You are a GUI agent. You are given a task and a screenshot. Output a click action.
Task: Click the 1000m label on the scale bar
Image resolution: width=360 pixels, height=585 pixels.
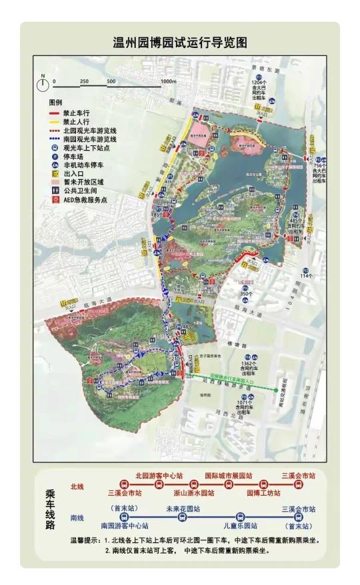tap(169, 81)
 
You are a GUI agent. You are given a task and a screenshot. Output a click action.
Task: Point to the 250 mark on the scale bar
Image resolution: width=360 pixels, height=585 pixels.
tap(85, 81)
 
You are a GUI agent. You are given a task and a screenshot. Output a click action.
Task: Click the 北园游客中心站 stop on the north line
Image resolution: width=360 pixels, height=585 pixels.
tap(159, 475)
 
